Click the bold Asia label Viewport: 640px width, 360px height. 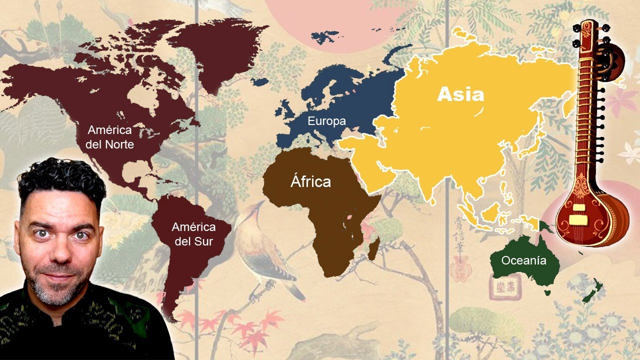460,94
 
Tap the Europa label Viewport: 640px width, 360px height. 326,121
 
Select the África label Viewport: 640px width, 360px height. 310,181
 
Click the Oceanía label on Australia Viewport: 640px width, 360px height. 523,260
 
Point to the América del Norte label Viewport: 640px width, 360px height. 109,137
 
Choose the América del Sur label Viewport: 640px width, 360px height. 193,234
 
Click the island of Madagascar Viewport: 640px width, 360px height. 373,248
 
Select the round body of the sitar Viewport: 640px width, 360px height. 590,215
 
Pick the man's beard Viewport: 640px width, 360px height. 55,290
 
